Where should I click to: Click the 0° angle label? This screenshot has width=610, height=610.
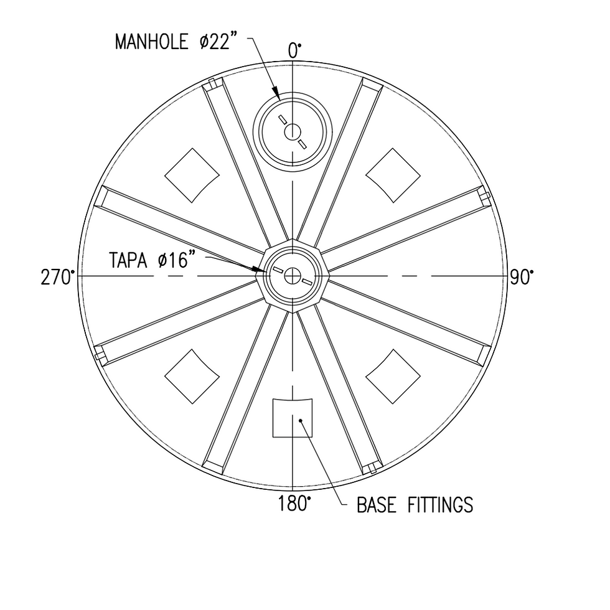[x=294, y=51]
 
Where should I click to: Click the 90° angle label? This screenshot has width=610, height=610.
[x=522, y=278]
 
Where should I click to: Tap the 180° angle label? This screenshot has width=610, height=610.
[x=294, y=504]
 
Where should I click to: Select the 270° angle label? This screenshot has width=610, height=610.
[x=57, y=278]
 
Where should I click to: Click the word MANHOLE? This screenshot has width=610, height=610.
[x=151, y=42]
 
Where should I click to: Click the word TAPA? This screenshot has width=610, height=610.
[x=128, y=260]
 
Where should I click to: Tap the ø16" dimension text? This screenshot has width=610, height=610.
[x=176, y=260]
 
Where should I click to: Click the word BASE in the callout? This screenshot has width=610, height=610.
[x=376, y=505]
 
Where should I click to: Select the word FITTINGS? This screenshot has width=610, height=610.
[x=441, y=505]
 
